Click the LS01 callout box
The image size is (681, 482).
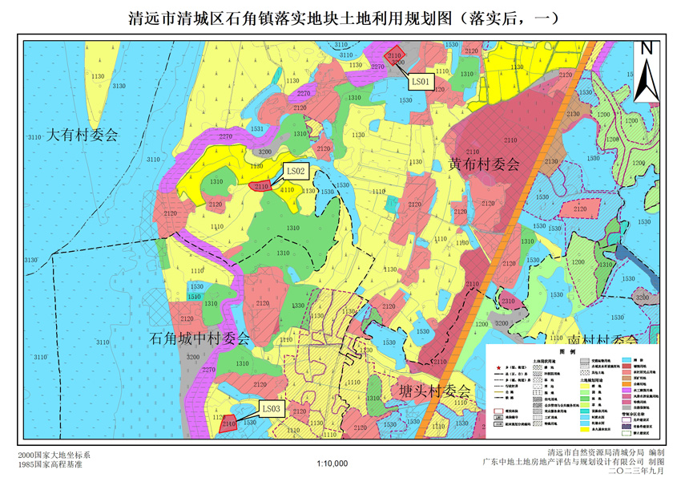tap(421, 81)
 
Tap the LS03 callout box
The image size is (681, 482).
tap(271, 408)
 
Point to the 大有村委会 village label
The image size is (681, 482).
tap(82, 135)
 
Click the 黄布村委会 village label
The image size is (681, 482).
tap(484, 164)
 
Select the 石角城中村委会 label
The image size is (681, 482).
tap(200, 338)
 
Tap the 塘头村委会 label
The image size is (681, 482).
tap(433, 391)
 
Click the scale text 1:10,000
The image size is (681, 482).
tap(332, 463)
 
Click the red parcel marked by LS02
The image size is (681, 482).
tap(260, 186)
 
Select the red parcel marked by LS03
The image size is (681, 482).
tap(228, 423)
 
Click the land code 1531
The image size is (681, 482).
tap(256, 128)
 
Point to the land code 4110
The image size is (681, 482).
tap(287, 190)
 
